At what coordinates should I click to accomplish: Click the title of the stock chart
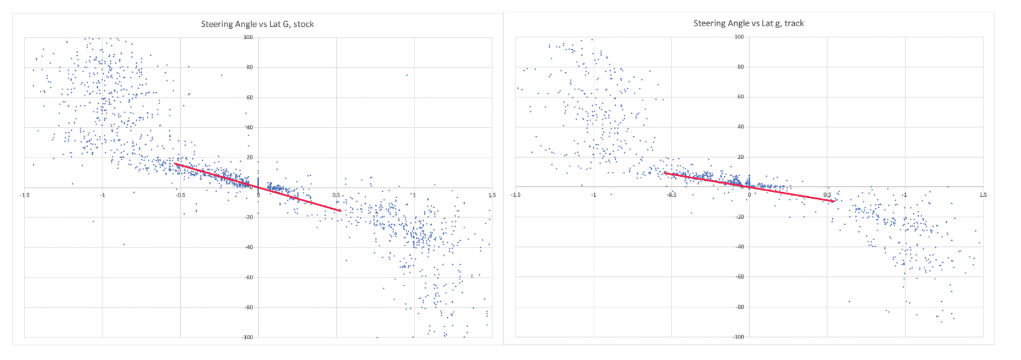pyautogui.click(x=257, y=24)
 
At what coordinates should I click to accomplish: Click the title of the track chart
pyautogui.click(x=748, y=23)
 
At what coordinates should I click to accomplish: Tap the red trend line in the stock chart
pyautogui.click(x=257, y=187)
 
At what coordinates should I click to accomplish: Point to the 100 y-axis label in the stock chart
pyautogui.click(x=248, y=37)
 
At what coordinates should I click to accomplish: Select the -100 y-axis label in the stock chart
pyautogui.click(x=247, y=337)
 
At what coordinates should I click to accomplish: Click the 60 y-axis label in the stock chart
pyautogui.click(x=249, y=97)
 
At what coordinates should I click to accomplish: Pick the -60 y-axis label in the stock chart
pyautogui.click(x=248, y=277)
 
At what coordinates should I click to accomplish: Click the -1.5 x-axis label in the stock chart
pyautogui.click(x=24, y=196)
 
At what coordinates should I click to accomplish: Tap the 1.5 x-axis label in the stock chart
pyautogui.click(x=492, y=196)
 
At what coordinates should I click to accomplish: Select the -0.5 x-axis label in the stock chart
pyautogui.click(x=180, y=196)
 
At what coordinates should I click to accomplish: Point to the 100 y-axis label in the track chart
pyautogui.click(x=739, y=37)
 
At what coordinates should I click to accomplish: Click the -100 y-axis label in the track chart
pyautogui.click(x=739, y=337)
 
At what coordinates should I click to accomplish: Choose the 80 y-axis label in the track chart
pyautogui.click(x=740, y=67)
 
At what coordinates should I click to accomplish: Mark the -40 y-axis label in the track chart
pyautogui.click(x=740, y=247)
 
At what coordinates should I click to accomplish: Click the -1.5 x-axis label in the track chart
pyautogui.click(x=516, y=195)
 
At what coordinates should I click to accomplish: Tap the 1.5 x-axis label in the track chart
pyautogui.click(x=982, y=195)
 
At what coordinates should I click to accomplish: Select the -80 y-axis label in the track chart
pyautogui.click(x=740, y=307)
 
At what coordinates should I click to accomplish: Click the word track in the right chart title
pyautogui.click(x=794, y=23)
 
